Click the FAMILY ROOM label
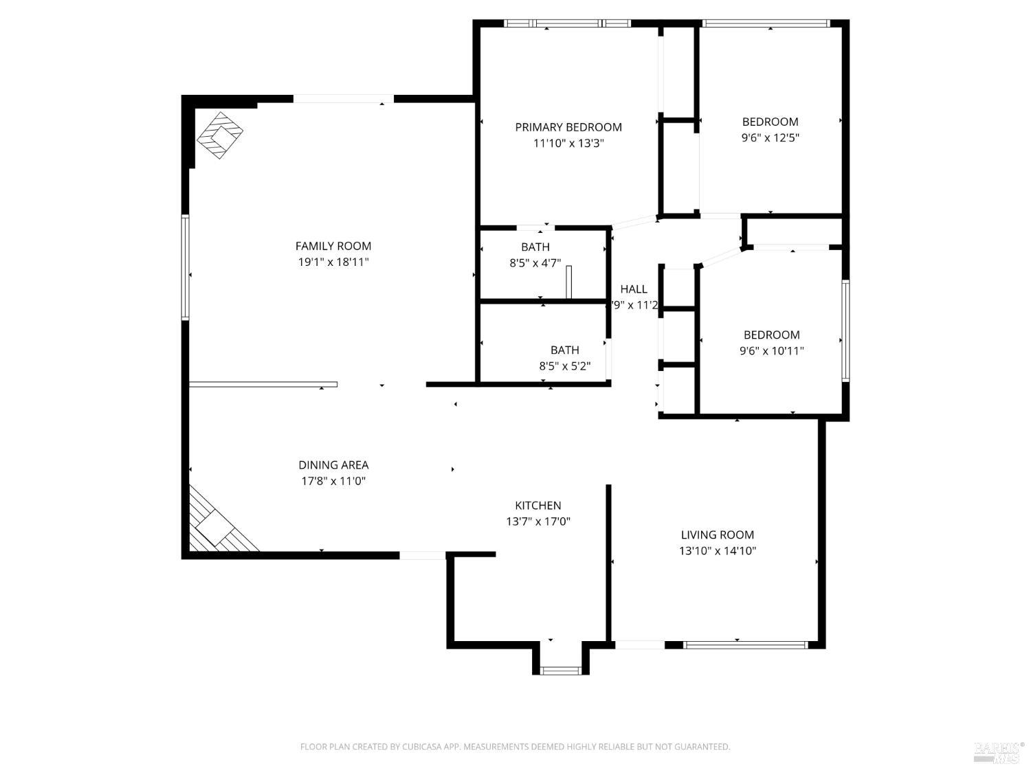coord(333,246)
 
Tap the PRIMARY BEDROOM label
coord(568,127)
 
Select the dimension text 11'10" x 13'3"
coord(568,144)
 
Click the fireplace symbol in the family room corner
coord(220,135)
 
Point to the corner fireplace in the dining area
coord(216,526)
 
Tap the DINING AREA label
coord(333,465)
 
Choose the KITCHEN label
coord(538,506)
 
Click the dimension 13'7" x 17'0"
coord(538,522)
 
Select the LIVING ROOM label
coord(718,535)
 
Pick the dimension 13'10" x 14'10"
coord(718,550)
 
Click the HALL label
coord(634,289)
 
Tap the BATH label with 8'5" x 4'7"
coord(535,247)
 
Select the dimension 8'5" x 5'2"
coord(565,366)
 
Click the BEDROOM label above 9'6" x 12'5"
coord(770,122)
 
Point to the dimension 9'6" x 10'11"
coord(771,351)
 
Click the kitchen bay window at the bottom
coord(561,670)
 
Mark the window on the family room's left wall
coord(186,267)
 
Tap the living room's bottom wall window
coord(746,645)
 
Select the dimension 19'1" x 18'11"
coord(333,262)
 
